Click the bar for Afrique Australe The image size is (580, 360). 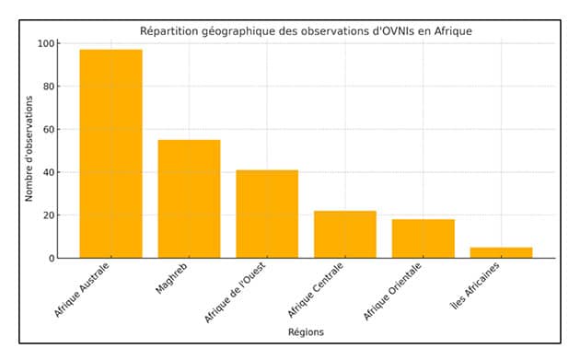(111, 154)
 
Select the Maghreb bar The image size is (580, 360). (189, 199)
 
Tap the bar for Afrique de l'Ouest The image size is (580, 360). (267, 214)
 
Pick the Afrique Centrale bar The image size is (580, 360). (345, 234)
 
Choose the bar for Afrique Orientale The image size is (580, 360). (423, 238)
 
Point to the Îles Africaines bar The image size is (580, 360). (501, 252)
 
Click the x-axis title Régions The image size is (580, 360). (306, 331)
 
